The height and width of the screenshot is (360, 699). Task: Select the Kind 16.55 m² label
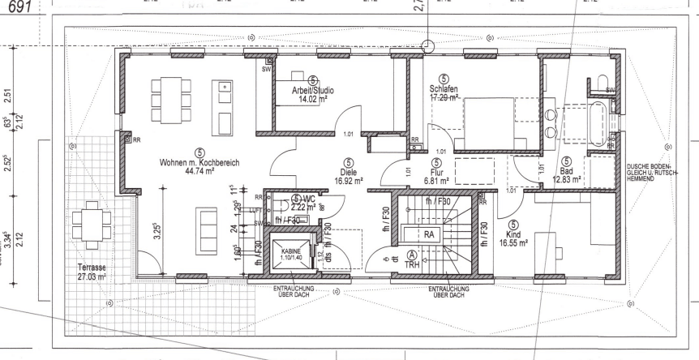pyautogui.click(x=512, y=236)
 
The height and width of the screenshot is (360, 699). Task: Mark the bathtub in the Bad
pyautogui.click(x=597, y=114)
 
